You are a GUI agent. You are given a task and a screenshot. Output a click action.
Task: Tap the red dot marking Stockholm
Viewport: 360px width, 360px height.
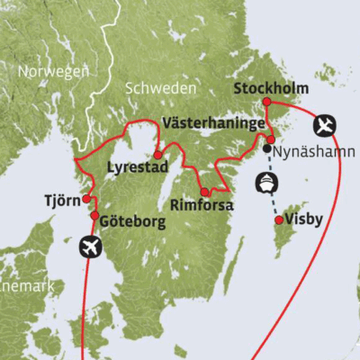coord(267,103)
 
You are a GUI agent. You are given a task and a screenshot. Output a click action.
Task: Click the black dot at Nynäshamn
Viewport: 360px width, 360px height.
coord(267,148)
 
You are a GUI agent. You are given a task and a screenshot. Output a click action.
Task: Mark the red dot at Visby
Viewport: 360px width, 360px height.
coord(279,220)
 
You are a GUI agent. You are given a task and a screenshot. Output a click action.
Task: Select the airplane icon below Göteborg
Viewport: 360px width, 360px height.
coord(89,245)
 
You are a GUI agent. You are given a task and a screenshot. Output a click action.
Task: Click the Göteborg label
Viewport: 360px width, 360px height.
coord(132,221)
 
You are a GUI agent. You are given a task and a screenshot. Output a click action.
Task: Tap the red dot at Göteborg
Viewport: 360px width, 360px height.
coord(94,216)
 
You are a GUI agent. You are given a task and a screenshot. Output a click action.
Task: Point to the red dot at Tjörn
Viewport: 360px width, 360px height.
coord(86,199)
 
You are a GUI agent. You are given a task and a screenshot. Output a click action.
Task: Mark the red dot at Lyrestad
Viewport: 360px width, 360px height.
coord(158,154)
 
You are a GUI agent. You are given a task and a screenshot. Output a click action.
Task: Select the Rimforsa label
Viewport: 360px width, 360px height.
coord(202,205)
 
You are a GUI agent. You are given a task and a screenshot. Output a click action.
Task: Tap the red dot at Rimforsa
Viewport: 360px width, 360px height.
coord(205,192)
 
